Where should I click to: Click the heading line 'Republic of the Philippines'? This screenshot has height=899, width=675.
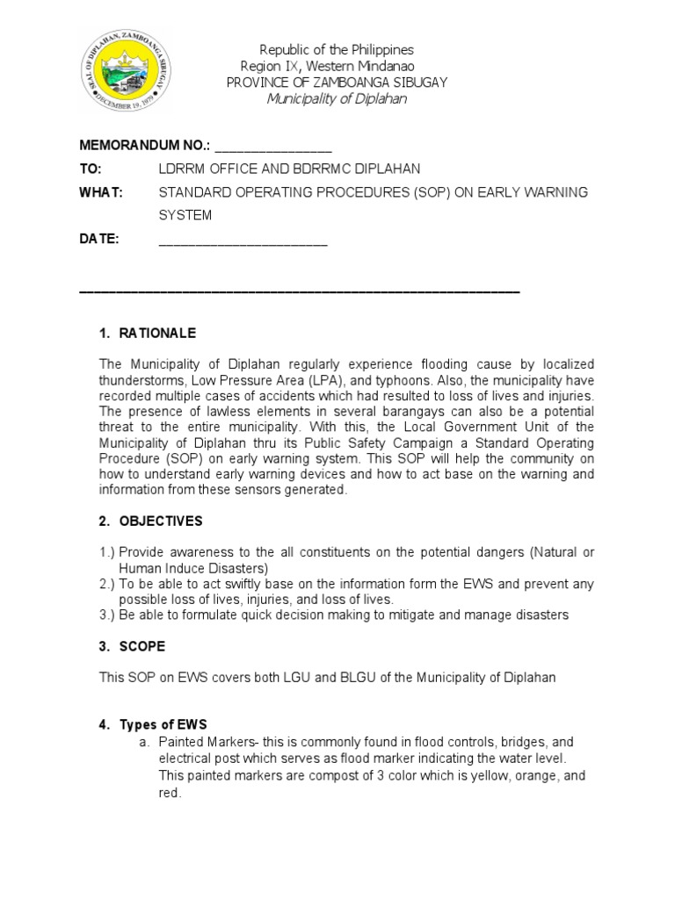[336, 50]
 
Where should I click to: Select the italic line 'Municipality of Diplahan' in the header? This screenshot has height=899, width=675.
[337, 98]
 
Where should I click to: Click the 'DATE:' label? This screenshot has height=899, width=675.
[98, 239]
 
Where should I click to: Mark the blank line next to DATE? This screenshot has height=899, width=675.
[243, 242]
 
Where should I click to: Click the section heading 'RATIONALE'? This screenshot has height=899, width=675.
[157, 334]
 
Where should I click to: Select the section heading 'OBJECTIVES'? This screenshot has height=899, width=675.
[161, 521]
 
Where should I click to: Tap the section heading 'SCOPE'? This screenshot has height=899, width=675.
[142, 646]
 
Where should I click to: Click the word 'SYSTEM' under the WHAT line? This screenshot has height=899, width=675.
[185, 215]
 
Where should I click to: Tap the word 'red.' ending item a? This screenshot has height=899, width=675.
[171, 793]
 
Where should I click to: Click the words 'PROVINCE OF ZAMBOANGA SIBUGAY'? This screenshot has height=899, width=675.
[337, 82]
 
